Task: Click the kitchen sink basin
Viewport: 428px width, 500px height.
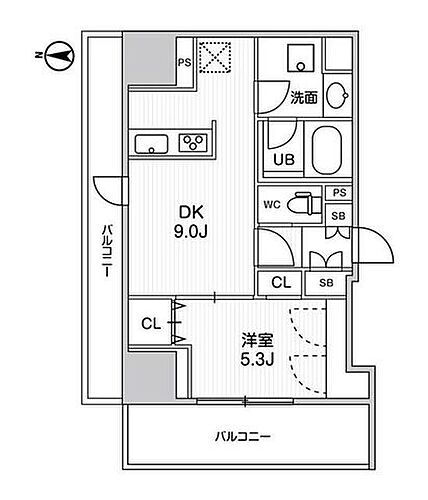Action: tap(152, 141)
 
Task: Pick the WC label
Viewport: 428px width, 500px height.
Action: tap(271, 204)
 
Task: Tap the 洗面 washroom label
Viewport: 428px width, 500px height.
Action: tap(304, 97)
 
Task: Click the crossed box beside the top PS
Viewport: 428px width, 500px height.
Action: tap(213, 57)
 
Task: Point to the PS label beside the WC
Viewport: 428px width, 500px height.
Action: tap(339, 193)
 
